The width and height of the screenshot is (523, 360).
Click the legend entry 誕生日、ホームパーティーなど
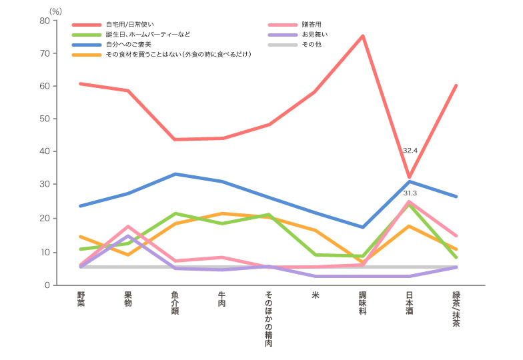click(x=147, y=34)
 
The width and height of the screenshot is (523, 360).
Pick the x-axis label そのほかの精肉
click(x=268, y=319)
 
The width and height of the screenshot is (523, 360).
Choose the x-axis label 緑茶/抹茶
click(x=456, y=308)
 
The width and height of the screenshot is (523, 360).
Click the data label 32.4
click(x=410, y=151)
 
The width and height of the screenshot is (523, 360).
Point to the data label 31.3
click(x=410, y=193)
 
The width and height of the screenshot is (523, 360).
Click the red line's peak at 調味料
click(x=363, y=36)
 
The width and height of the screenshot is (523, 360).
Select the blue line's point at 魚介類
click(x=175, y=174)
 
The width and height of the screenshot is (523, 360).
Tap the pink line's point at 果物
click(x=127, y=227)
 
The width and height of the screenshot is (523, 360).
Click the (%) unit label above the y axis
click(x=55, y=11)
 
